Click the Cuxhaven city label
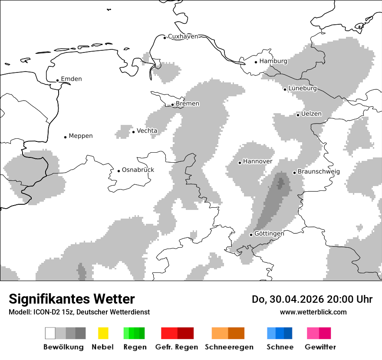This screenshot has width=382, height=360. point(183,36)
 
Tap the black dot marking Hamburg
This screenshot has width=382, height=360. point(256,62)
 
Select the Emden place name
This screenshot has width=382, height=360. point(71,79)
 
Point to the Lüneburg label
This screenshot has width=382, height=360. point(303,88)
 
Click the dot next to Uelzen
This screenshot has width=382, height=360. point(298,115)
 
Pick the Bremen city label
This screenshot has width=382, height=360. point(188,104)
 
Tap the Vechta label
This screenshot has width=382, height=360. point(147,131)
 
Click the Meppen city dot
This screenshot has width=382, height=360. point(66,137)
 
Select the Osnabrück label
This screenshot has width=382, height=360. point(138,170)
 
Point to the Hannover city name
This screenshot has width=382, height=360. point(258,161)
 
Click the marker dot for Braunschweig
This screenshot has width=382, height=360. point(294,173)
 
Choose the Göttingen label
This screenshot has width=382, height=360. point(269,233)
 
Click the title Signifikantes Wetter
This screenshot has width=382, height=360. point(72,299)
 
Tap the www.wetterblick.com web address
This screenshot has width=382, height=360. point(313,312)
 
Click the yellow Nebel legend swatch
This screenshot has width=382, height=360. point(103,333)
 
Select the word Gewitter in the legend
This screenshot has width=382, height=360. point(320,347)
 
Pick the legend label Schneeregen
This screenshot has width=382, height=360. point(229,347)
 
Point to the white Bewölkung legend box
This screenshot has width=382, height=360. point(50,333)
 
